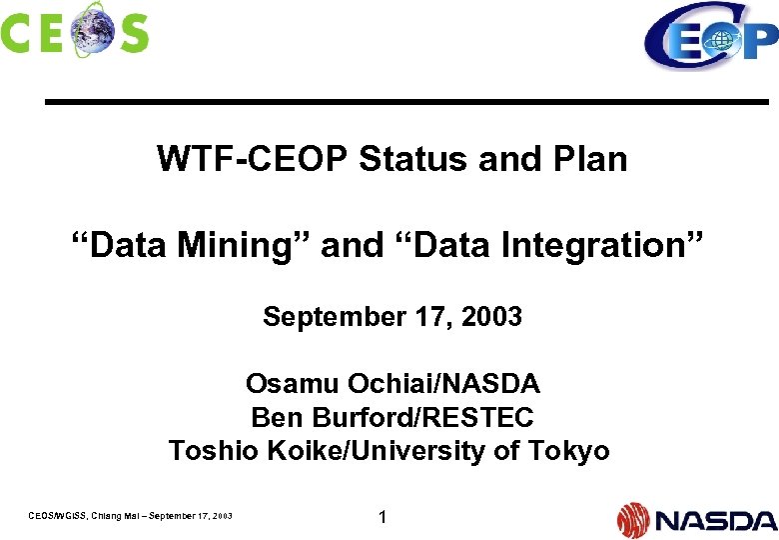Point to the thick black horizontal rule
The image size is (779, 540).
click(x=406, y=102)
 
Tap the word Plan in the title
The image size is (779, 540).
click(x=595, y=159)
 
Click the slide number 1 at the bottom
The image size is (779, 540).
click(x=382, y=517)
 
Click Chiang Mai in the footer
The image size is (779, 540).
click(x=115, y=516)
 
